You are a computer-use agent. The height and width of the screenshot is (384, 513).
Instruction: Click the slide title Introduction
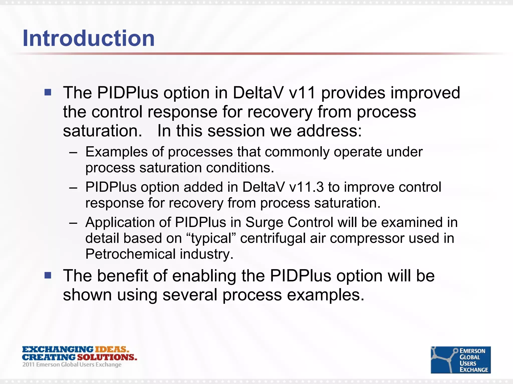[89, 38]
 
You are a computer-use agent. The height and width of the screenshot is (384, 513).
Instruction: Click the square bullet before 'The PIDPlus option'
[48, 92]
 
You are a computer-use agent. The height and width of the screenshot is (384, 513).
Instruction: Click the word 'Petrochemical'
[131, 254]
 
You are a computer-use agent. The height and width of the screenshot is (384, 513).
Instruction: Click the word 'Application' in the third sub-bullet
[128, 222]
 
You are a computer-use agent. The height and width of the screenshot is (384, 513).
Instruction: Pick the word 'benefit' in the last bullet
[122, 276]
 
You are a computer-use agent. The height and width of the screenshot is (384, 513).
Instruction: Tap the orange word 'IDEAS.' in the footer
[112, 349]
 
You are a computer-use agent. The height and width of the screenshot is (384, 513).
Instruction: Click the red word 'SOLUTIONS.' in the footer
[107, 357]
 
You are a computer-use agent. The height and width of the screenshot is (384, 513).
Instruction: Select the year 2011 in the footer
[28, 365]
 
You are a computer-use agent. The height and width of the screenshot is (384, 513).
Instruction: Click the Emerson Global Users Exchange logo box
[460, 360]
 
